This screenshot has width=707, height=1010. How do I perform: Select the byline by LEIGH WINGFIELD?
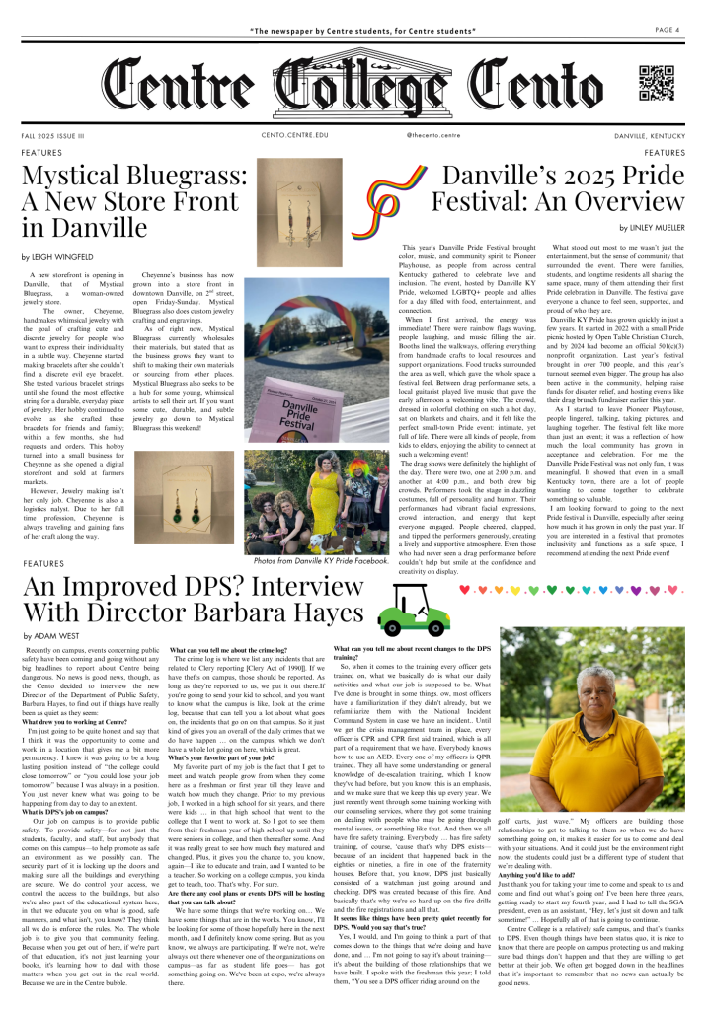[62, 255]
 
